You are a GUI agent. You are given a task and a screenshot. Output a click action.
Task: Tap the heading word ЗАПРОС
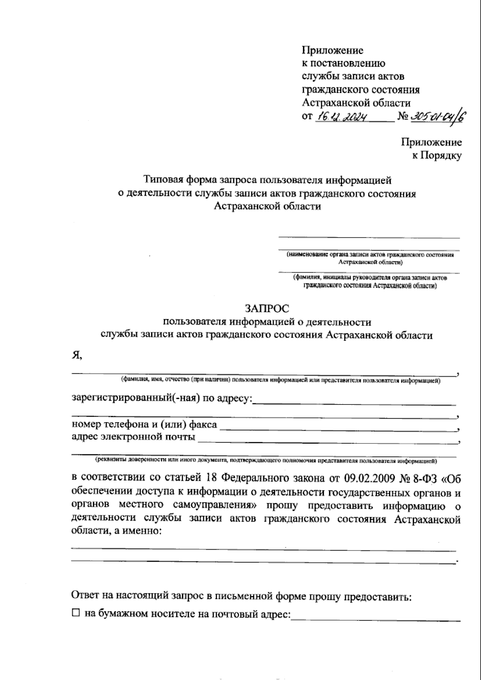pos(267,308)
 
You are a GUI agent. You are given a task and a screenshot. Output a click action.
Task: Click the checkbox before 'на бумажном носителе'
pos(76,613)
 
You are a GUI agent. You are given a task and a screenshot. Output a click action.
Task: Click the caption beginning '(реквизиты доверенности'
pos(265,461)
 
